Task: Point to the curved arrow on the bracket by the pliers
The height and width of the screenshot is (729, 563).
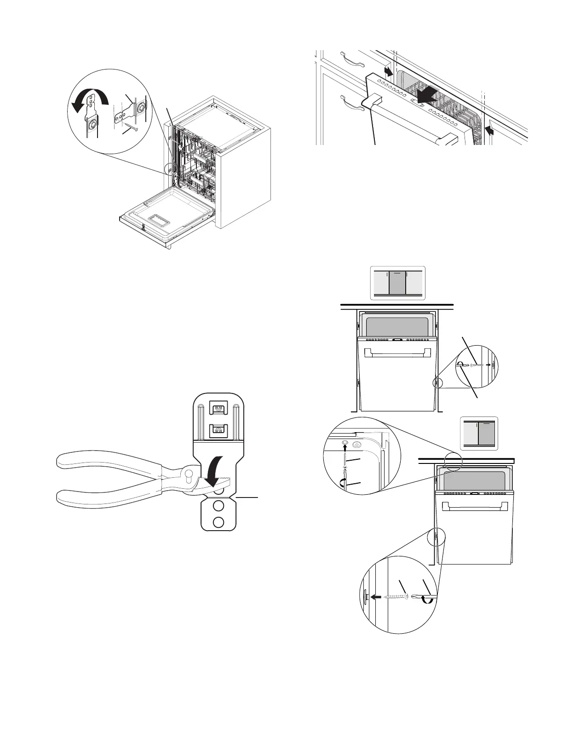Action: [214, 469]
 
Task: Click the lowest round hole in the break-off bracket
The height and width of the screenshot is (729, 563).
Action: [219, 522]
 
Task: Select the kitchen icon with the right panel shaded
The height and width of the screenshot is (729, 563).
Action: [479, 433]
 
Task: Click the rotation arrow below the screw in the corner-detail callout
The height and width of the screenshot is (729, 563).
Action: [343, 482]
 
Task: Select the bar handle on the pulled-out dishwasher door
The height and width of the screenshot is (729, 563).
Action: [409, 122]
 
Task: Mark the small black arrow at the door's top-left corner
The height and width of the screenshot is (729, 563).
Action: [388, 71]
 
